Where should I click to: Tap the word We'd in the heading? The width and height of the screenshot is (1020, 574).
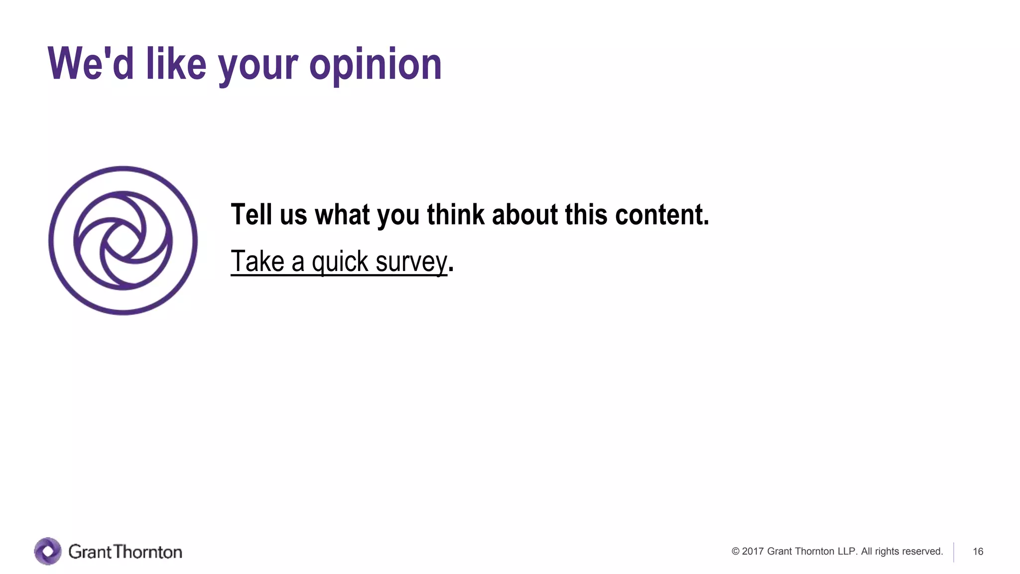91,64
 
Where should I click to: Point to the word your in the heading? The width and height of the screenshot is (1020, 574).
258,67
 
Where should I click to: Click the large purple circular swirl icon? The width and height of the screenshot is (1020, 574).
123,241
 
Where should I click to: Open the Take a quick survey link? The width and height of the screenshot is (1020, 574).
339,262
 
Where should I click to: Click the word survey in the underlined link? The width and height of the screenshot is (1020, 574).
411,262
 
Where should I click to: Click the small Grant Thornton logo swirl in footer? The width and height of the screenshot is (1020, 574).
48,551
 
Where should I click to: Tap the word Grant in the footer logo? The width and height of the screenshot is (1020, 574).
90,552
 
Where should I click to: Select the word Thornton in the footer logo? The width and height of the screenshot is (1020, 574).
148,552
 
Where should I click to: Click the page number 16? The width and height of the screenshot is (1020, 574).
978,552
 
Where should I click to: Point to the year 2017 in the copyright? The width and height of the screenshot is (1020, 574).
753,551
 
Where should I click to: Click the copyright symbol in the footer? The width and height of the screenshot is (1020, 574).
735,551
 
